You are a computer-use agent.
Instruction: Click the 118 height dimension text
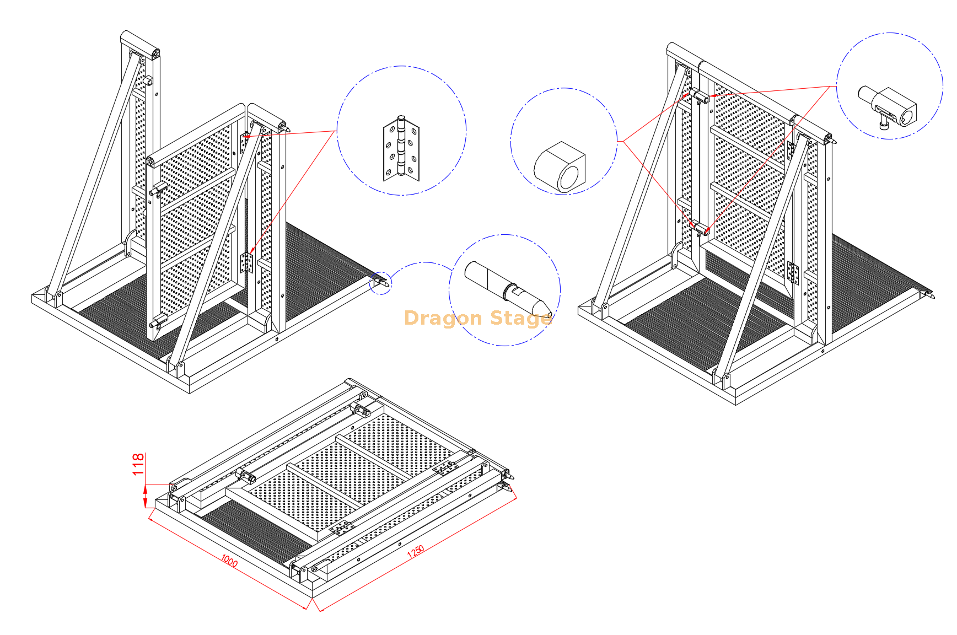click(x=138, y=464)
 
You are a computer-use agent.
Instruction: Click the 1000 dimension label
click(x=229, y=561)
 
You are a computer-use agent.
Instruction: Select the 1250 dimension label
click(x=416, y=551)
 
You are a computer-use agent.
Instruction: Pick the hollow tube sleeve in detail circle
click(x=560, y=167)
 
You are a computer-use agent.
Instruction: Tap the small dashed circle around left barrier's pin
click(x=381, y=283)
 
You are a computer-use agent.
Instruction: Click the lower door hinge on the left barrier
click(x=247, y=263)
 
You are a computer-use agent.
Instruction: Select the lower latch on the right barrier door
click(x=701, y=228)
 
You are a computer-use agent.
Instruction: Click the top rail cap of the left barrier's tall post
click(x=140, y=42)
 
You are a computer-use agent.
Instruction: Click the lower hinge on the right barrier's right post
click(x=793, y=272)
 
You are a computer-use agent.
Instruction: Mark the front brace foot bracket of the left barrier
click(x=179, y=367)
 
